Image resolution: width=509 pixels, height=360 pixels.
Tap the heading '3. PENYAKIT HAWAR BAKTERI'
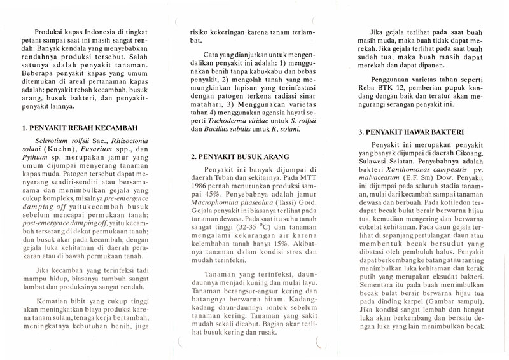410,132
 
